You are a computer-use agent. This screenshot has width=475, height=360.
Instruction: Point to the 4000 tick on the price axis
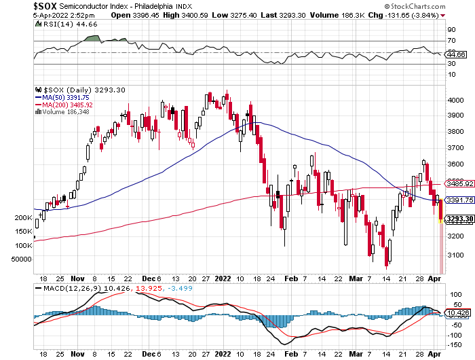[454, 101]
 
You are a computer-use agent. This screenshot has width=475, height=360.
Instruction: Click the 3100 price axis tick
[454, 252]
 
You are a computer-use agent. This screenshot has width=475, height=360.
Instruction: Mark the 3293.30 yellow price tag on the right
[459, 218]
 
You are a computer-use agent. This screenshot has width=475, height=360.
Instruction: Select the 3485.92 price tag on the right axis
[459, 183]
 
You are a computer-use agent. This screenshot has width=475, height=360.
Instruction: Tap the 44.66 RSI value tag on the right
[456, 54]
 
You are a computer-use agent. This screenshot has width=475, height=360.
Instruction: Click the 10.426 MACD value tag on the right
[458, 312]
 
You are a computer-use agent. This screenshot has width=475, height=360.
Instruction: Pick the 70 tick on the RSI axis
[451, 41]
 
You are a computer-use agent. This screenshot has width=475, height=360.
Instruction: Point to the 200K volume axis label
[24, 218]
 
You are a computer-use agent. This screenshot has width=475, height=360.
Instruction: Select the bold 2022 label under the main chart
[224, 278]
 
